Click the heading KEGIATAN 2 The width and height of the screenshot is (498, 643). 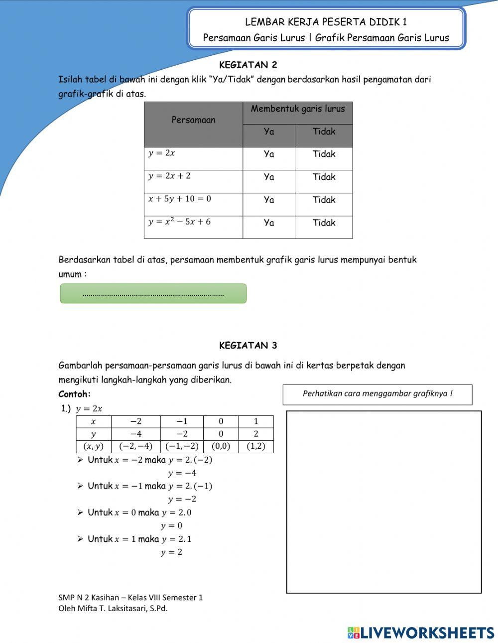click(x=248, y=65)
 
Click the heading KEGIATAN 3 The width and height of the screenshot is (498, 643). click(x=248, y=346)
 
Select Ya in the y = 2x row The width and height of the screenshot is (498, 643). click(x=269, y=154)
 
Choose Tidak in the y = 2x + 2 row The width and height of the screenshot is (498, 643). click(x=324, y=177)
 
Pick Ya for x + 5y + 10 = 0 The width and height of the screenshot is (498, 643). click(x=269, y=200)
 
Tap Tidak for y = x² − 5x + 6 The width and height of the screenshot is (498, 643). click(x=324, y=223)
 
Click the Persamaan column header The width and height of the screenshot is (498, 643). click(x=193, y=120)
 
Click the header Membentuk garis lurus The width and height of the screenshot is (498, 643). click(x=298, y=109)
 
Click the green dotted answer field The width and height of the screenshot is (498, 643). click(x=153, y=294)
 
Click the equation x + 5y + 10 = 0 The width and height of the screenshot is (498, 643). click(x=180, y=199)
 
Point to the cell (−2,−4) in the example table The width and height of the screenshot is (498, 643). click(x=135, y=446)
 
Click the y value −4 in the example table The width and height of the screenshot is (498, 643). click(x=135, y=434)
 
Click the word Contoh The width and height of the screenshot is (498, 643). click(x=75, y=394)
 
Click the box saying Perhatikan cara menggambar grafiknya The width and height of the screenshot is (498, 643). click(x=377, y=394)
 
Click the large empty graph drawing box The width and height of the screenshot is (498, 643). click(x=384, y=502)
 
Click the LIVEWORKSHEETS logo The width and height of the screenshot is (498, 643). click(x=421, y=633)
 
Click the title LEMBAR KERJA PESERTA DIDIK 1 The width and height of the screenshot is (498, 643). click(x=326, y=22)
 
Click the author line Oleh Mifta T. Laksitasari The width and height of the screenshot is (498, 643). click(x=113, y=608)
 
